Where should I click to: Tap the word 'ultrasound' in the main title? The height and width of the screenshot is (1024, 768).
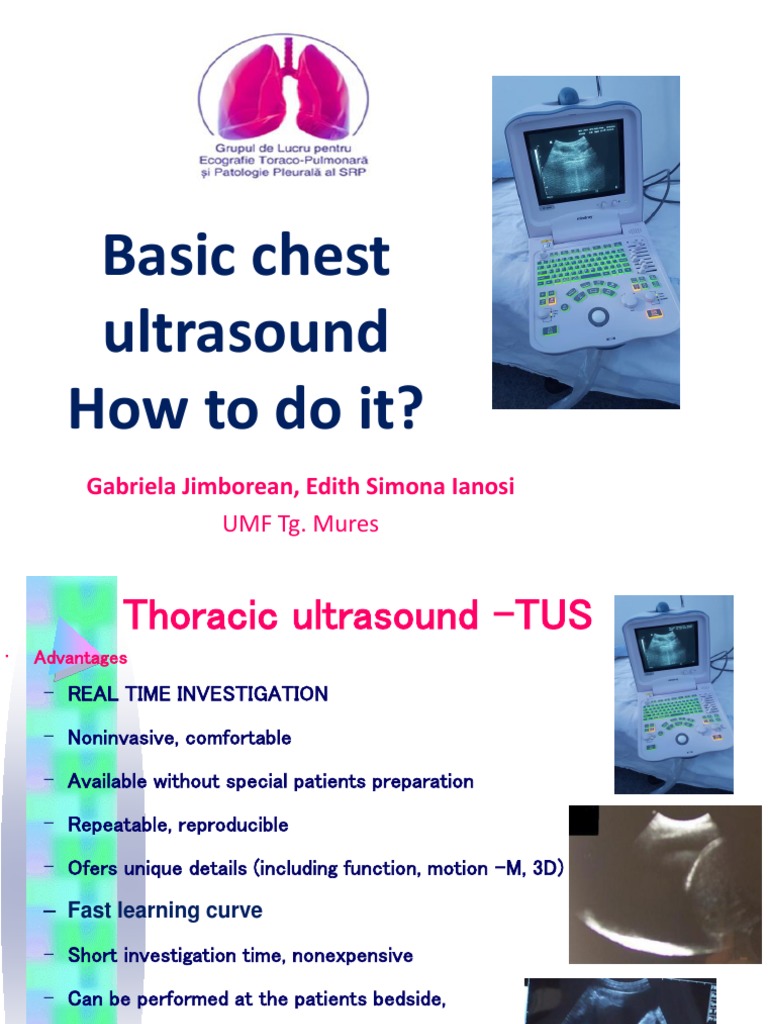click(x=246, y=332)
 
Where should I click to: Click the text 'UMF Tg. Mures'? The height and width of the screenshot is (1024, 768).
click(x=300, y=524)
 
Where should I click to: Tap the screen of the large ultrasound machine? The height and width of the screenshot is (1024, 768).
click(x=573, y=162)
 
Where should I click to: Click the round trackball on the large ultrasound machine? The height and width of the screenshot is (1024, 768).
click(x=598, y=316)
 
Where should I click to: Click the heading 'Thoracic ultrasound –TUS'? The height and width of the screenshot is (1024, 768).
click(x=357, y=616)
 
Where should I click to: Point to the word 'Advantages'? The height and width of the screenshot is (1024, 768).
click(x=81, y=658)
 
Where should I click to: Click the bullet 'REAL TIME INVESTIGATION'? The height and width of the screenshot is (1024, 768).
click(x=197, y=694)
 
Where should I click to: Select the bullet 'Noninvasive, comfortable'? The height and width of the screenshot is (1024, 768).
click(x=179, y=738)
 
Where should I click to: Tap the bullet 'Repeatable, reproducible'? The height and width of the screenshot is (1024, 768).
click(x=178, y=825)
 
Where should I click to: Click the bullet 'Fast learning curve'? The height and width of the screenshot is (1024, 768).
click(x=165, y=911)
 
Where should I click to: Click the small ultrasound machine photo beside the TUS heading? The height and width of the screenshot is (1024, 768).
click(x=673, y=694)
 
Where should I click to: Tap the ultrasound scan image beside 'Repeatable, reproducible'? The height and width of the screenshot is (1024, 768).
click(x=664, y=882)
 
